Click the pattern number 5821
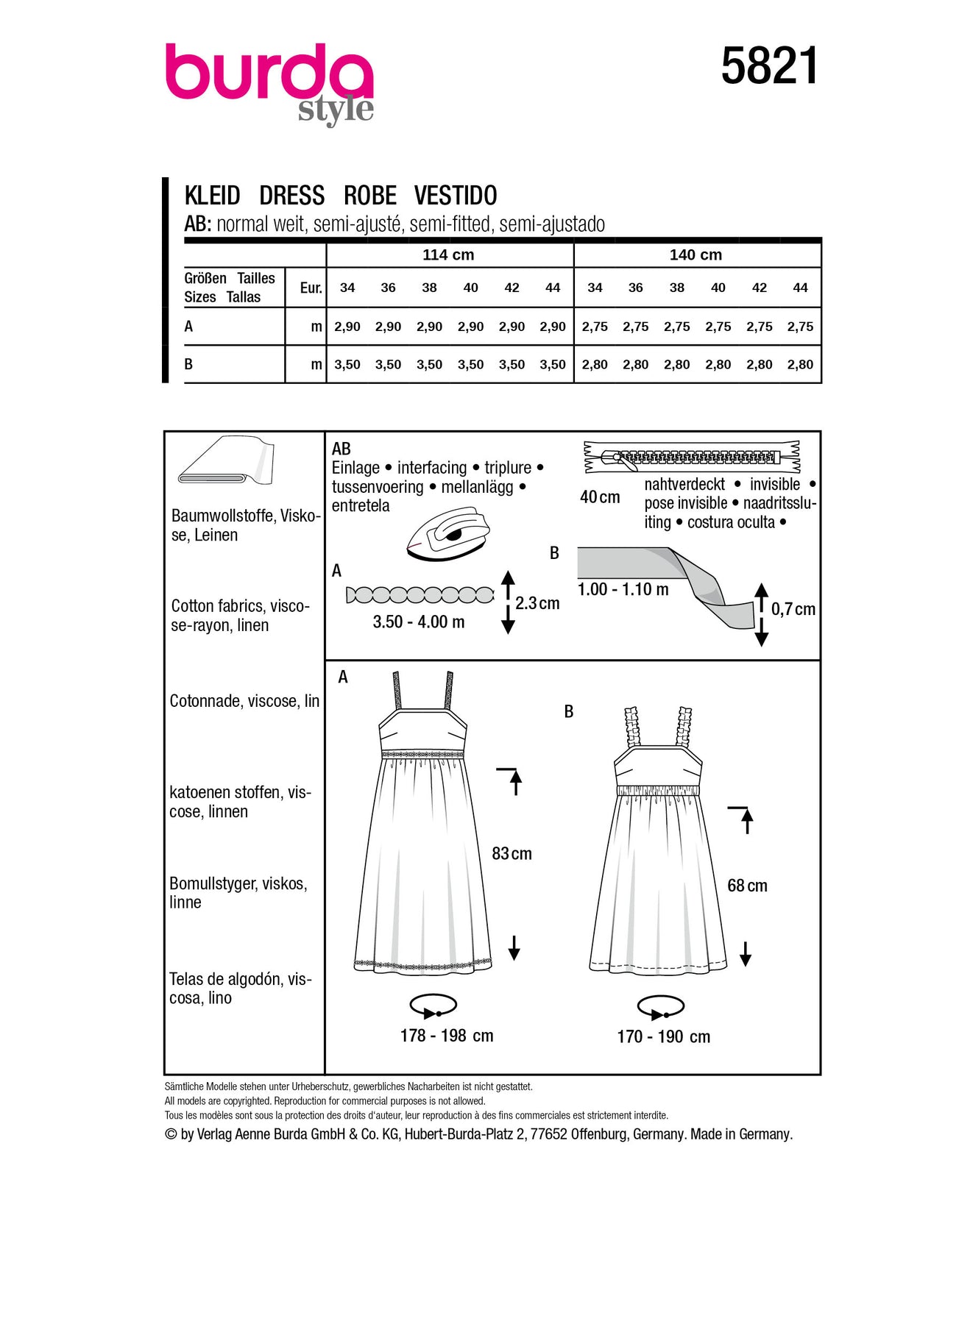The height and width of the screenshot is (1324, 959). coord(769,66)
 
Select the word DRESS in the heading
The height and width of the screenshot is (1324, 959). coord(291,196)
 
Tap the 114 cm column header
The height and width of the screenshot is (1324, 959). coord(448,255)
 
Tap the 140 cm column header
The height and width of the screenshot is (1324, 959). coord(696,255)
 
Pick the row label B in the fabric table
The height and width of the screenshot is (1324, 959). coord(189,364)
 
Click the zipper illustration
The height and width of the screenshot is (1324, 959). coord(691,457)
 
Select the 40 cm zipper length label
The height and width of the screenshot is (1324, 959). coord(600,497)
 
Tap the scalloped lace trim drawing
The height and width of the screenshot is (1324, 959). coord(420,595)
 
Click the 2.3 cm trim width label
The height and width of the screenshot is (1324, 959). coord(537,603)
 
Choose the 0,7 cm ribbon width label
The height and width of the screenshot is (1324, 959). coord(793,609)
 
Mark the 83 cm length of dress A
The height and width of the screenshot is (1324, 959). coord(512,854)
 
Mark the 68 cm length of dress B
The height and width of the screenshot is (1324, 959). coord(747,886)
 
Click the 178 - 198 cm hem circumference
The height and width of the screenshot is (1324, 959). coord(447,1036)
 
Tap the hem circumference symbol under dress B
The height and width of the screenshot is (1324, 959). coord(660,1006)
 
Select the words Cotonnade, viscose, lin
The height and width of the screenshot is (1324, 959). coord(244,701)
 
